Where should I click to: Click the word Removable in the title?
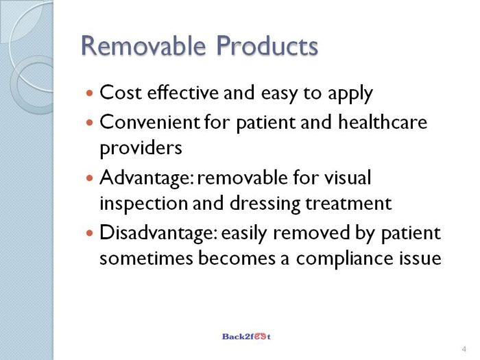tap(143, 46)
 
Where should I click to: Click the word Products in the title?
tap(267, 46)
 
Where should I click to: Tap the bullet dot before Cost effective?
tap(89, 92)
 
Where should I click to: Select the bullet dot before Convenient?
tap(89, 123)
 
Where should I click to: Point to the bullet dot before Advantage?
tap(89, 178)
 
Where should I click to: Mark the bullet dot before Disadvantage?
tap(89, 233)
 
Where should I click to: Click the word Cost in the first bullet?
tap(121, 92)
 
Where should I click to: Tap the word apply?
tap(350, 94)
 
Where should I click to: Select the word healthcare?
tap(383, 122)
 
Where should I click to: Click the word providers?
tap(141, 149)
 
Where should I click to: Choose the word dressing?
tap(265, 204)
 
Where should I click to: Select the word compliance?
tap(344, 259)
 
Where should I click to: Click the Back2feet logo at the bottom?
tap(246, 337)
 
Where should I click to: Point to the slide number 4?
tap(464, 349)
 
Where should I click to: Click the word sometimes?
tap(146, 258)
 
